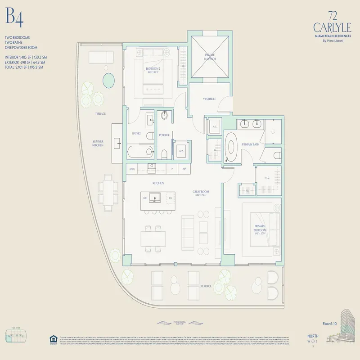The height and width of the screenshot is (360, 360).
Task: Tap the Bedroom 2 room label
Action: click(153, 69)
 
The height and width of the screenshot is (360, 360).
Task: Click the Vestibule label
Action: click(209, 99)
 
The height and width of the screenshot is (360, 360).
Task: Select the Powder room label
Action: click(164, 135)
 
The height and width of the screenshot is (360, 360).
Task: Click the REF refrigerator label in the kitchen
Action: click(184, 169)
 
